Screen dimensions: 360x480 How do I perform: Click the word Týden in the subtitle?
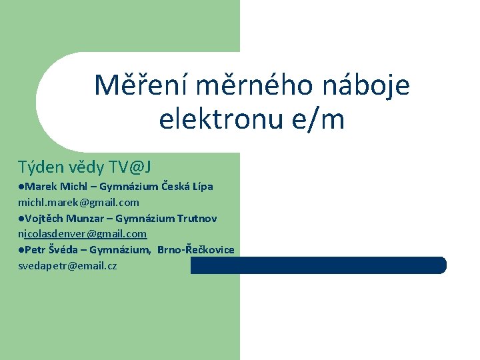40,166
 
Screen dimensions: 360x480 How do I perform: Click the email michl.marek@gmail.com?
79,202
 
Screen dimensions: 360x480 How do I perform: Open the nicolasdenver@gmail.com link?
82,234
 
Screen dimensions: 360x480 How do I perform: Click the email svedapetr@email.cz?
67,266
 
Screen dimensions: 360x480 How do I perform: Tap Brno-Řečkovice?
196,250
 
